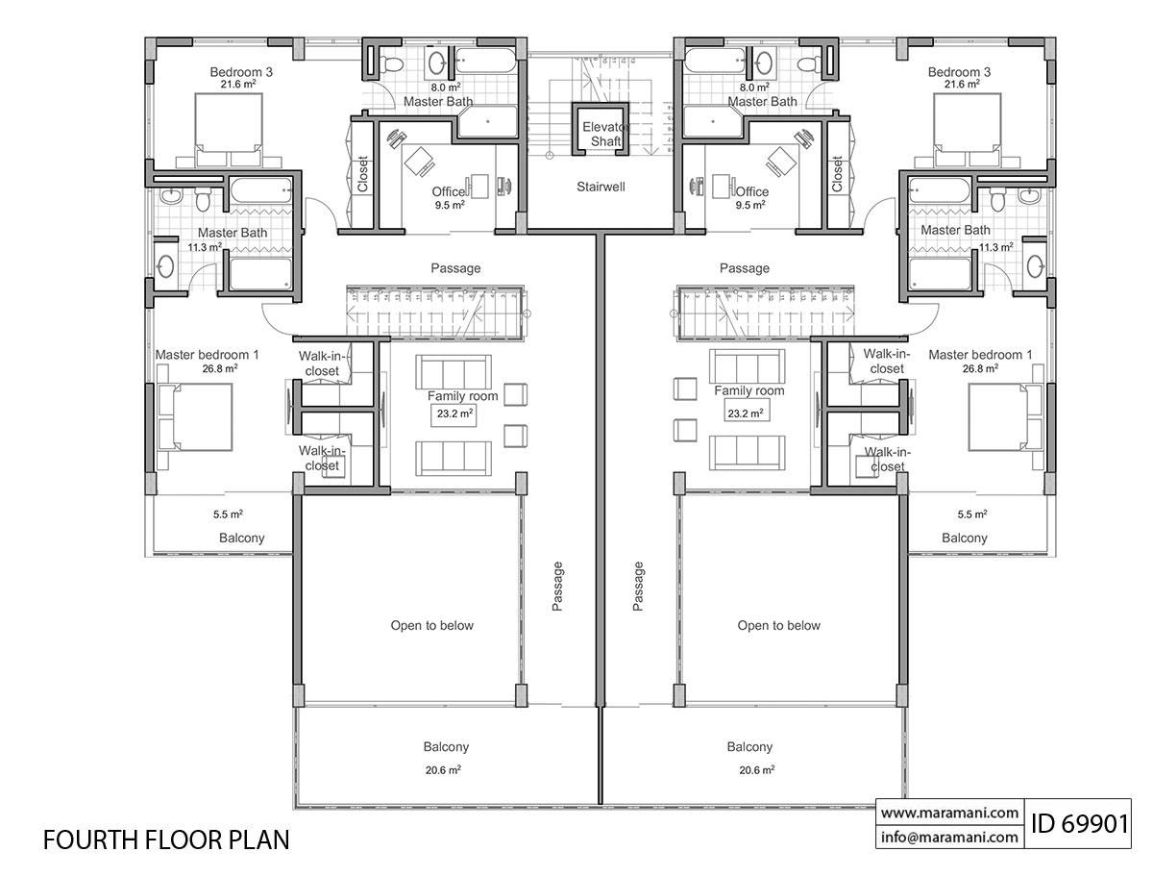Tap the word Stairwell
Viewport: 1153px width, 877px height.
point(601,187)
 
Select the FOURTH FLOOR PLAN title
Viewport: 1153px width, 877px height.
point(166,839)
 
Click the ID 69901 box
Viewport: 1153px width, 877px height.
point(1080,823)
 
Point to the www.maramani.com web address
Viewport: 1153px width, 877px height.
point(949,813)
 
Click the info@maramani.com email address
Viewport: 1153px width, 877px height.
point(949,837)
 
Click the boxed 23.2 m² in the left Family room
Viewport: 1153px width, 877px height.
point(454,413)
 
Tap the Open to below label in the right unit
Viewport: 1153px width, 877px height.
point(778,626)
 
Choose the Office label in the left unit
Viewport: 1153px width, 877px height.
point(449,192)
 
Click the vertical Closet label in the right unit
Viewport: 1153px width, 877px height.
point(837,175)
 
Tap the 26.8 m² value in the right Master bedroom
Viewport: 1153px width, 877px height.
point(980,367)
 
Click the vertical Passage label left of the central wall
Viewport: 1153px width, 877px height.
point(558,587)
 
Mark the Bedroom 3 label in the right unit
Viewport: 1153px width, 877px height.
point(959,72)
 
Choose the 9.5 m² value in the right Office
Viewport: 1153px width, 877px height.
point(751,205)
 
